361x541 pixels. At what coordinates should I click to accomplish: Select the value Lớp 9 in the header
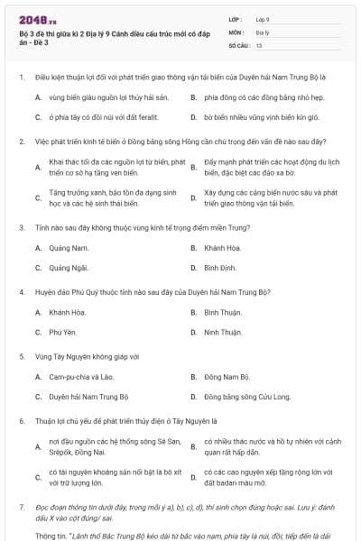click(x=263, y=19)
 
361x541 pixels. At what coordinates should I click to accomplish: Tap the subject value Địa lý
click(x=262, y=32)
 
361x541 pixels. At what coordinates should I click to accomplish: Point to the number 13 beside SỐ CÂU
click(x=259, y=44)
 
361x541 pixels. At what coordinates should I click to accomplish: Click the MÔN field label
click(x=236, y=32)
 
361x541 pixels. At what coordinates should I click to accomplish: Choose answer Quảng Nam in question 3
click(x=69, y=247)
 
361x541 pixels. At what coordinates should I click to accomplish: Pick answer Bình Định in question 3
click(x=220, y=268)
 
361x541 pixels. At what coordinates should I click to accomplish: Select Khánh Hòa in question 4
click(x=69, y=312)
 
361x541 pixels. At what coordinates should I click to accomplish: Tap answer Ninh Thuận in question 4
click(x=222, y=333)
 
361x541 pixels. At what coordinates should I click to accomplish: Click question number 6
click(x=20, y=420)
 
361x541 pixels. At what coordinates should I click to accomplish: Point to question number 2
click(x=20, y=142)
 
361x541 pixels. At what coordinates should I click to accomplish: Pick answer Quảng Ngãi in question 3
click(x=70, y=268)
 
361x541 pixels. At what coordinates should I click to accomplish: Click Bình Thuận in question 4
click(x=223, y=312)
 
